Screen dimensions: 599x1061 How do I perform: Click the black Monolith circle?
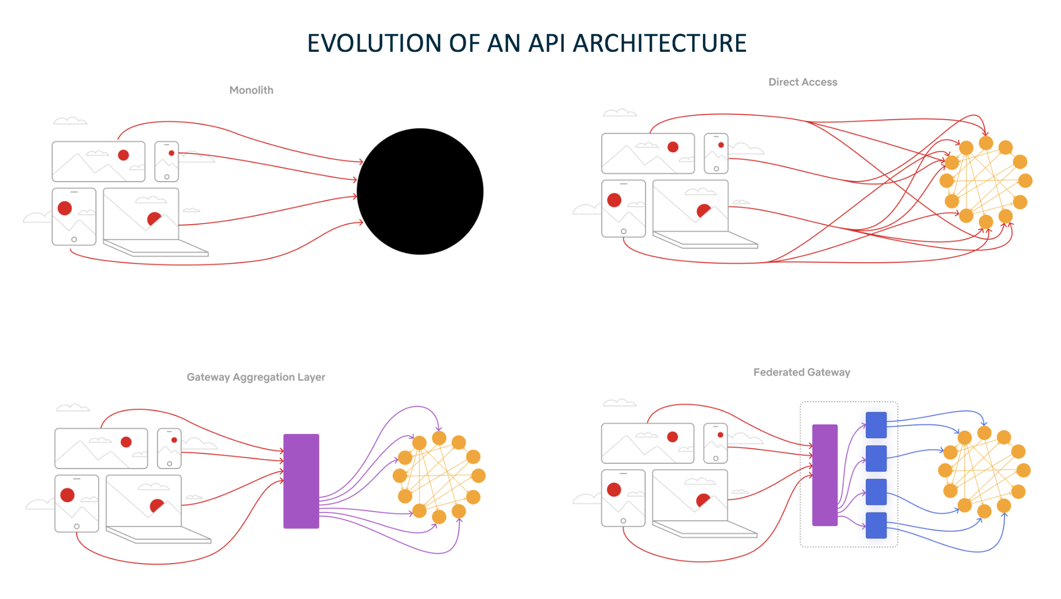coord(420,192)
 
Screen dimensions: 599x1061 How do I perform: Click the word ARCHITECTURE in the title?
coord(659,43)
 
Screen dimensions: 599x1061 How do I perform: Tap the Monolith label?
coord(251,90)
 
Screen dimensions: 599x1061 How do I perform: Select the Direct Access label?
coord(802,82)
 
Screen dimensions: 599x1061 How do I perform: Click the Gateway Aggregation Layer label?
coord(256,377)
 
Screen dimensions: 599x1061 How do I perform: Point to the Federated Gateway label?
coord(801,372)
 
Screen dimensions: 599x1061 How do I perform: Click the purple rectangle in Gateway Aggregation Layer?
coord(301,481)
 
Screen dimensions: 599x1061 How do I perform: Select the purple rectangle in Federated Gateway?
coord(825,475)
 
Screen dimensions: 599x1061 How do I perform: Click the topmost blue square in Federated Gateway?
coord(876,425)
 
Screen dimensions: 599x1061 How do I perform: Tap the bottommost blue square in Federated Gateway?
coord(876,525)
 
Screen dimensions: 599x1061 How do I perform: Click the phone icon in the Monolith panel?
coord(167,162)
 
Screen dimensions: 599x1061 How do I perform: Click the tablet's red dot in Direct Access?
coord(614,200)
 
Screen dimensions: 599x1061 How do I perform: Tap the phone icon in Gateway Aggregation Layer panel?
coord(169,448)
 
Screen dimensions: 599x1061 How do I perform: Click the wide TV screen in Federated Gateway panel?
coord(648,443)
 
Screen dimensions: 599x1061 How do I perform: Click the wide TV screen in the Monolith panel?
coord(98,162)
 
